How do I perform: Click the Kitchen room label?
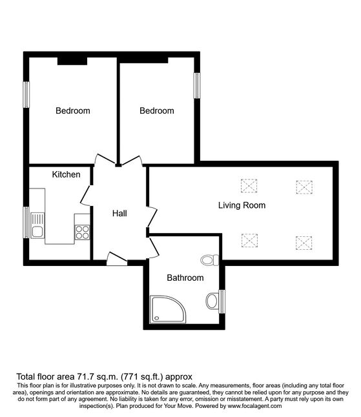pos(66,174)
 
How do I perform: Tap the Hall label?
pos(119,213)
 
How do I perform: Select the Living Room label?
pos(242,205)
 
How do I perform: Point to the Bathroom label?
pos(185,278)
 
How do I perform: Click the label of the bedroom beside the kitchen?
pos(72,110)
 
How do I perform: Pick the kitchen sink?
pos(37,225)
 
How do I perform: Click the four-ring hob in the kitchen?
pos(82,232)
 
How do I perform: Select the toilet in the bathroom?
pos(210,260)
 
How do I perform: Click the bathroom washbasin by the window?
pos(212,301)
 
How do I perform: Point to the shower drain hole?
pos(157,318)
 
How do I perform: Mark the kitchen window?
pos(26,222)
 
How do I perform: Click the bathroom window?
pos(222,301)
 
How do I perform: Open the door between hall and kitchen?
pos(87,196)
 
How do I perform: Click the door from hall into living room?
pos(152,216)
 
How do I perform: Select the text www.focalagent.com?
pos(254,406)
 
